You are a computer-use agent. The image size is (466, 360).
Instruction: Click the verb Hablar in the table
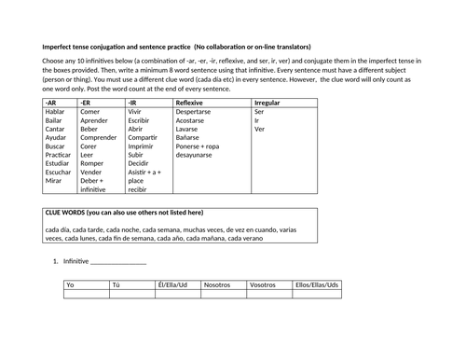pos(56,111)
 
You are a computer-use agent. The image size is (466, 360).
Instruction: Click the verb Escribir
pos(140,121)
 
